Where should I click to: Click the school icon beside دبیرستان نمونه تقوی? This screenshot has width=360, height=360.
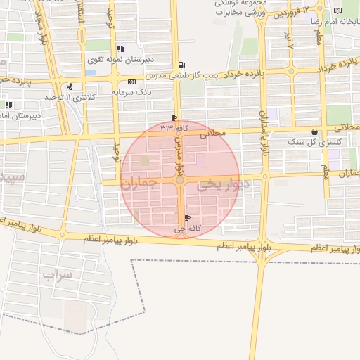120,49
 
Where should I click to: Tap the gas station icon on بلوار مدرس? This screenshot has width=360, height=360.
182,64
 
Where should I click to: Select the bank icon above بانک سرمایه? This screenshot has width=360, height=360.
131,82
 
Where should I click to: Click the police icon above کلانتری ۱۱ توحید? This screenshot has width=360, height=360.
70,87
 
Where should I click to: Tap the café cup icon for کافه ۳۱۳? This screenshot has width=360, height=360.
174,117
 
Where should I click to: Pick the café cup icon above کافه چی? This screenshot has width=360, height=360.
186,218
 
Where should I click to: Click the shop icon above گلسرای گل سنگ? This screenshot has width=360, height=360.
314,131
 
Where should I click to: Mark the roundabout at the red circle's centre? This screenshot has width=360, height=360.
181,181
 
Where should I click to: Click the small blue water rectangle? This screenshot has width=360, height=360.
91,72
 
